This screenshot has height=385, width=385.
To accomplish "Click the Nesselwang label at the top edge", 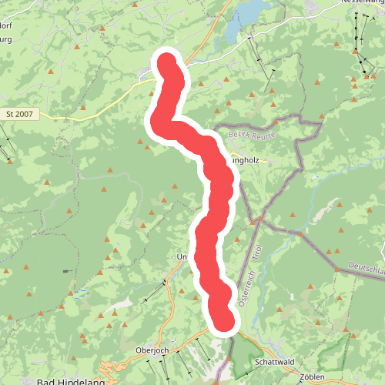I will (361, 3).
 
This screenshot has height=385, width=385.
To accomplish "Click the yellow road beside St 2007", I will (92, 112).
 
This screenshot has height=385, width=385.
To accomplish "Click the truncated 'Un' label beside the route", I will (182, 256).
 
